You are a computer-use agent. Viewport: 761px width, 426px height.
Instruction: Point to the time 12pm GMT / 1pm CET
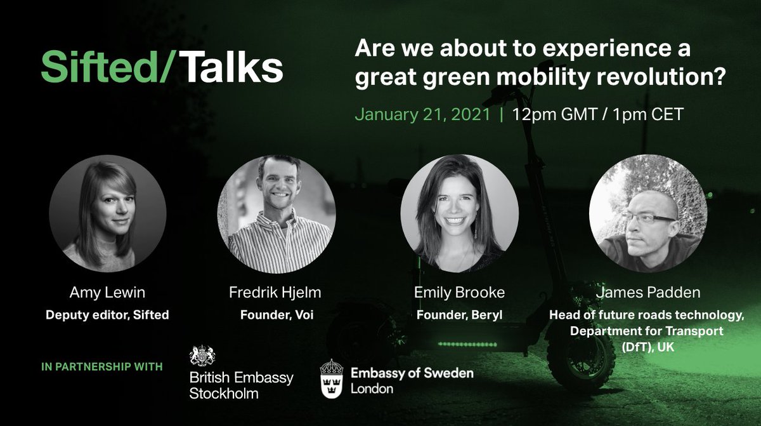(x=597, y=116)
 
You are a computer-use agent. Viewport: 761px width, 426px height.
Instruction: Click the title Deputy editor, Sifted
(x=107, y=314)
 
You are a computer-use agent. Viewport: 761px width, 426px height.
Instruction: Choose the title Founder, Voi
(x=276, y=314)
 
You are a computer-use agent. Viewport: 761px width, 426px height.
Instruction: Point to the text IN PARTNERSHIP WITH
(x=101, y=366)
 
